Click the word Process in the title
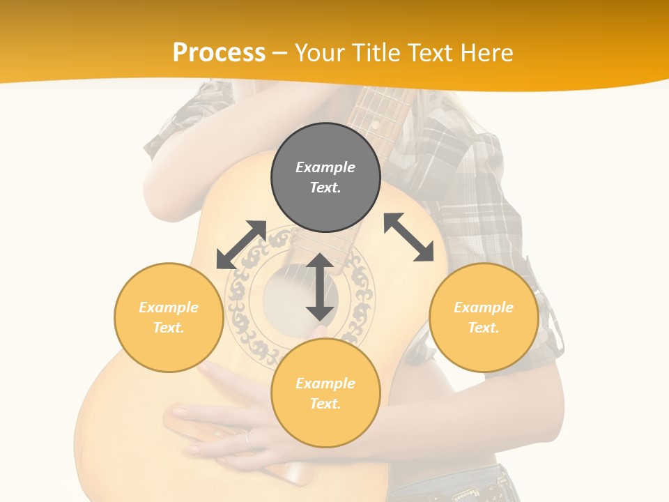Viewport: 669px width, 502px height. tap(219, 53)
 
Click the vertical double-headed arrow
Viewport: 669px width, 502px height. tap(320, 287)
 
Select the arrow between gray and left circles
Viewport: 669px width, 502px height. tap(242, 245)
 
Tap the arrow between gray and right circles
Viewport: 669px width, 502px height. tap(409, 237)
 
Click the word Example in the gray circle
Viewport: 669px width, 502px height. tap(325, 167)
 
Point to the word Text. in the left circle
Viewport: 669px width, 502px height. tap(169, 328)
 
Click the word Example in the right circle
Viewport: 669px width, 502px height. tap(484, 307)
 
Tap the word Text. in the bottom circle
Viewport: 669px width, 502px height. tap(325, 404)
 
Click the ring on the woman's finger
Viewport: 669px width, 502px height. tap(247, 439)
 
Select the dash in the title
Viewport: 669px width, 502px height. tap(279, 53)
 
